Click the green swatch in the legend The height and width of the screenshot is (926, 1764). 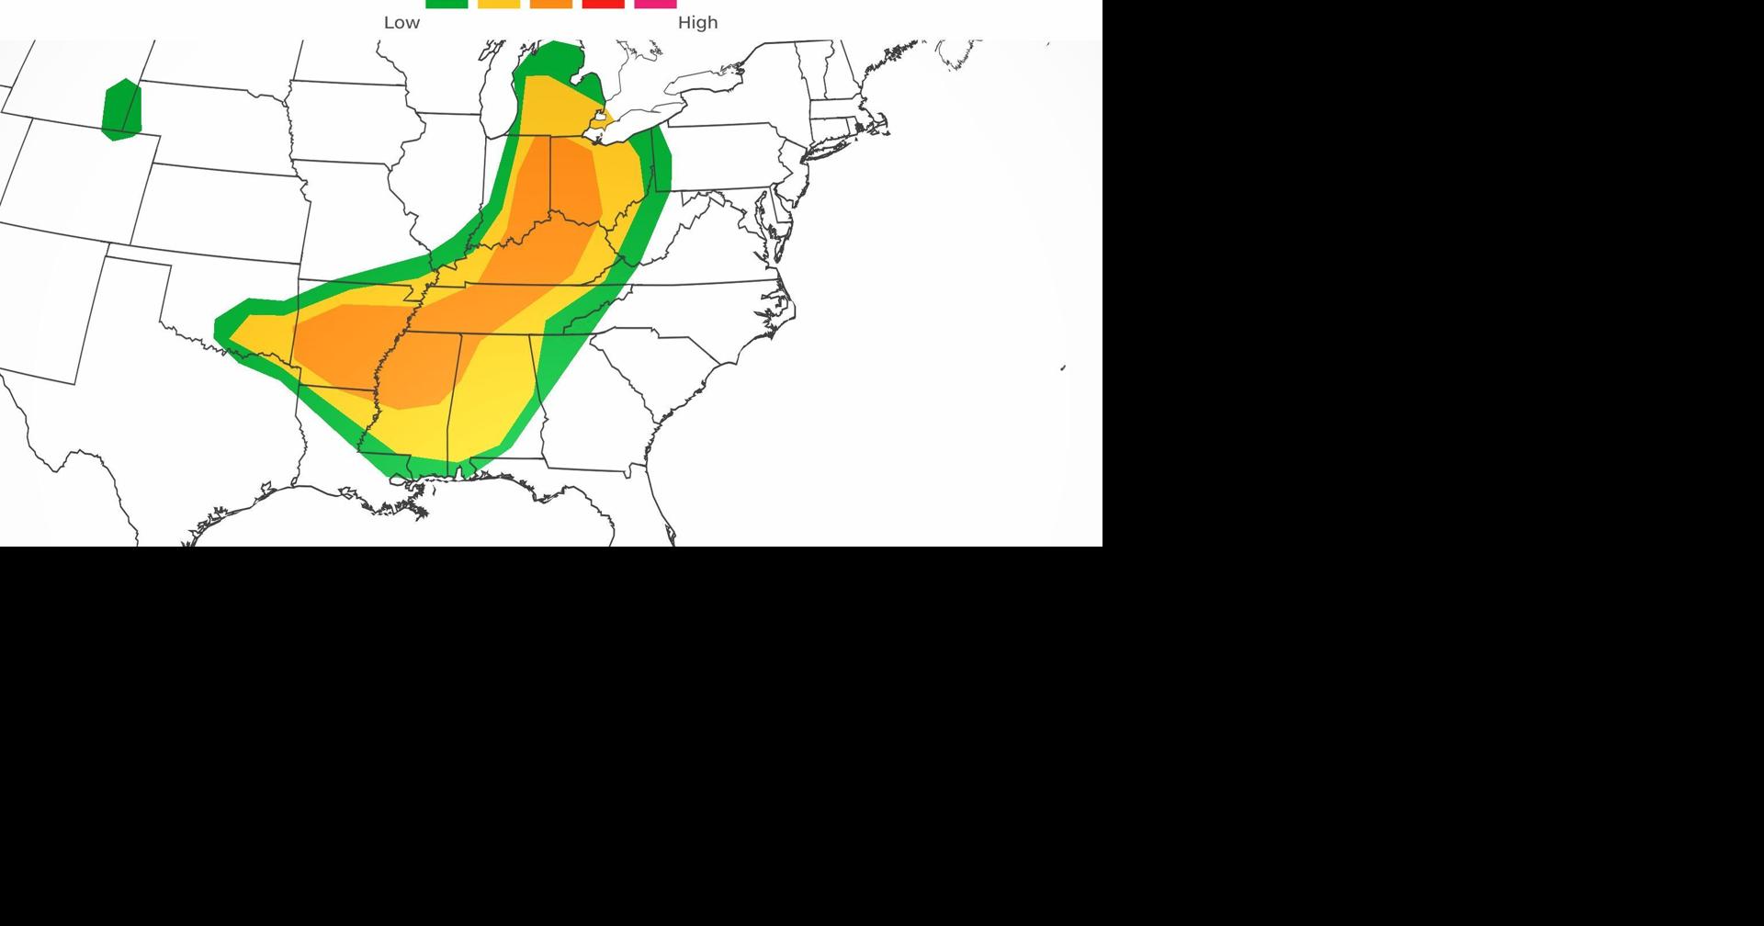(x=447, y=4)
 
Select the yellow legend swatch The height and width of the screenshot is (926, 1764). (x=499, y=4)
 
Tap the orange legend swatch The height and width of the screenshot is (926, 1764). (x=551, y=4)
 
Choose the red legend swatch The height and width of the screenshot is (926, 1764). (x=604, y=4)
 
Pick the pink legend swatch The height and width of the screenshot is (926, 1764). (x=655, y=4)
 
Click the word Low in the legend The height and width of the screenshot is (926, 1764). (x=401, y=23)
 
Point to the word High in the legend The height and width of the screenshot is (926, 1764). (x=697, y=23)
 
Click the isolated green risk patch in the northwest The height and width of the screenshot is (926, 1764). (x=122, y=109)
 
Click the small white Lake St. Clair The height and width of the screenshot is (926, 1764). (x=600, y=119)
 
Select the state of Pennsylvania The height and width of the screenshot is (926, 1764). (x=726, y=156)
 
